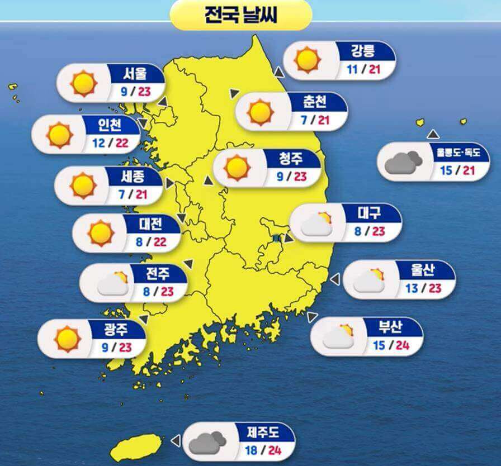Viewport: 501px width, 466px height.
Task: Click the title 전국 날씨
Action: [x=240, y=15]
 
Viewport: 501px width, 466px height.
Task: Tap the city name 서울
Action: [x=135, y=73]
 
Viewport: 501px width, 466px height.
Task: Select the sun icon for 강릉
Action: [x=307, y=60]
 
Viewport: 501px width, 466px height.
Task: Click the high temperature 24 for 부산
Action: [x=403, y=345]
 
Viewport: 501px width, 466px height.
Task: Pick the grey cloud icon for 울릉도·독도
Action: [x=403, y=162]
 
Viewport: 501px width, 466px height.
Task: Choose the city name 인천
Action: [x=110, y=124]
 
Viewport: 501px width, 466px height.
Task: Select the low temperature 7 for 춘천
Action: [x=305, y=120]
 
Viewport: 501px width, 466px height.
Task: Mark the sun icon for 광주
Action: [x=68, y=338]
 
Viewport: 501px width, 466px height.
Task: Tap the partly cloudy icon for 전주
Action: [x=112, y=284]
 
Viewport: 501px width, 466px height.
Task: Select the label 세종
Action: [x=133, y=177]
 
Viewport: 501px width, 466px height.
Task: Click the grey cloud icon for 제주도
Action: [x=207, y=442]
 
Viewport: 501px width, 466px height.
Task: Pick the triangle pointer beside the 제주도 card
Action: [x=176, y=441]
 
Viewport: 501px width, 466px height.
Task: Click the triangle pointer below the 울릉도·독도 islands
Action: [x=433, y=134]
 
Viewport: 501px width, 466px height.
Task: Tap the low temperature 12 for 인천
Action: [x=99, y=142]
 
